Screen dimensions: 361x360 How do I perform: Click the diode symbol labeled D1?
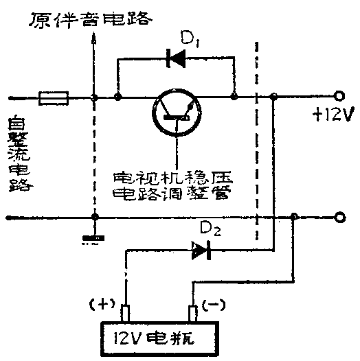pos(177,59)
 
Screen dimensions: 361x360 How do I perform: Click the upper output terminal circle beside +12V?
pos(338,97)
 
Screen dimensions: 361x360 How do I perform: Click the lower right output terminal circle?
pos(338,218)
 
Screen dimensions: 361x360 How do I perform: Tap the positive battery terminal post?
pos(126,314)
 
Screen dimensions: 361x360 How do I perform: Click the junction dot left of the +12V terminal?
pos(273,97)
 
